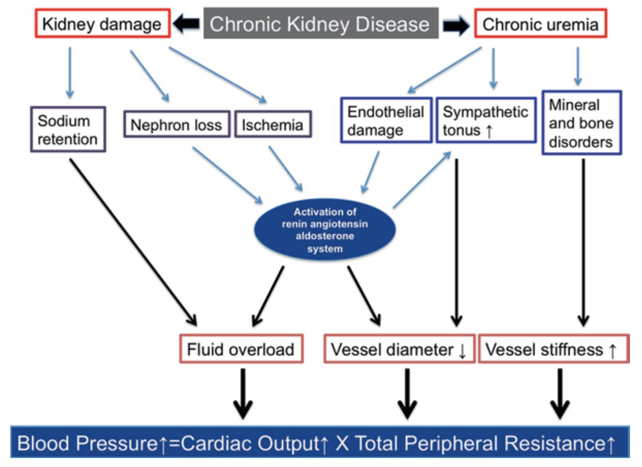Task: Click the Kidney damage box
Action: click(x=102, y=24)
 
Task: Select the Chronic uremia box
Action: click(x=540, y=24)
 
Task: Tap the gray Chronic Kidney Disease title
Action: click(x=321, y=24)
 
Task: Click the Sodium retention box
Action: click(x=68, y=129)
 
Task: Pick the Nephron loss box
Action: click(x=176, y=125)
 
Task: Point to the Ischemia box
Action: click(x=272, y=125)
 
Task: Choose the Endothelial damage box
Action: click(x=386, y=120)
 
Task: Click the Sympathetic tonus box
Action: click(x=486, y=120)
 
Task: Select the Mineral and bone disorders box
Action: click(x=581, y=123)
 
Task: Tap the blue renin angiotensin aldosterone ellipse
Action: click(x=325, y=230)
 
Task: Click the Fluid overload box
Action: click(x=241, y=349)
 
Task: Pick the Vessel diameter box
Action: click(x=399, y=349)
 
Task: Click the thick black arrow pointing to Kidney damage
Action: click(x=186, y=24)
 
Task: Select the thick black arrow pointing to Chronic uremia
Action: click(x=456, y=25)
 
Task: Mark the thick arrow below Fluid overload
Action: click(x=243, y=393)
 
